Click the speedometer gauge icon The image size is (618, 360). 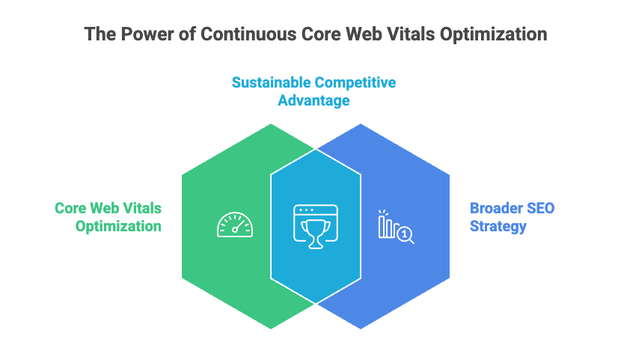pyautogui.click(x=234, y=225)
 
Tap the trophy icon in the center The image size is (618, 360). pyautogui.click(x=315, y=225)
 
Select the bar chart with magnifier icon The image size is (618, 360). pyautogui.click(x=395, y=226)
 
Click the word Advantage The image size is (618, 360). pyautogui.click(x=313, y=100)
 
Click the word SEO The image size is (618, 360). pyautogui.click(x=540, y=207)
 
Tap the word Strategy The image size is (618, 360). pyautogui.click(x=498, y=226)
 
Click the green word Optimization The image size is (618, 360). pyautogui.click(x=118, y=226)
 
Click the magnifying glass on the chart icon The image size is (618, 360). pyautogui.click(x=406, y=235)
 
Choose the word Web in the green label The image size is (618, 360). pyautogui.click(x=108, y=207)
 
